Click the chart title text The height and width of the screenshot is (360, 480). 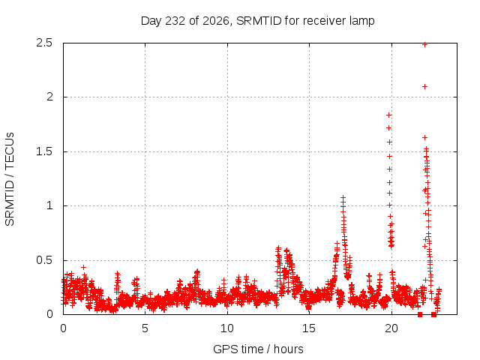click(257, 21)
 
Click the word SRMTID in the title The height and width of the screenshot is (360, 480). click(259, 21)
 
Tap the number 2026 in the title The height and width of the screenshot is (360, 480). click(216, 21)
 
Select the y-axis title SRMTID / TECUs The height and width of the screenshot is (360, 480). click(10, 179)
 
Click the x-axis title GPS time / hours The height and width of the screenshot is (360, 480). click(258, 349)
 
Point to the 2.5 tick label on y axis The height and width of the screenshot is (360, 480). click(45, 43)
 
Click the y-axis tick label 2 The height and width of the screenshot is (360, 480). click(49, 97)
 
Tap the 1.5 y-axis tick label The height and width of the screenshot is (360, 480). click(45, 151)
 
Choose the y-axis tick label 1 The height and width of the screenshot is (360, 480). click(50, 205)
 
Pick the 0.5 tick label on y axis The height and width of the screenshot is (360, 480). click(45, 260)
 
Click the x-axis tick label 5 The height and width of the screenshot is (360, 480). click(145, 328)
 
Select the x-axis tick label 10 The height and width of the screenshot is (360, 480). click(227, 328)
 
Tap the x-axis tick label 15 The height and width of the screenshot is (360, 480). click(309, 328)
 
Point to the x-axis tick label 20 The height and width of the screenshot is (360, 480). click(391, 328)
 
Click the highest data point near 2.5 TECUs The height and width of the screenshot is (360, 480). click(425, 45)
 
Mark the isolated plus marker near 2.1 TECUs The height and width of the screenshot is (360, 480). click(425, 87)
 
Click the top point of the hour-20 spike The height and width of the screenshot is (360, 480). click(388, 115)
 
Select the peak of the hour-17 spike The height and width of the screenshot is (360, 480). click(343, 198)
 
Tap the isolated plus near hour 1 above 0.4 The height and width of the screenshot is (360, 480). click(83, 268)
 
